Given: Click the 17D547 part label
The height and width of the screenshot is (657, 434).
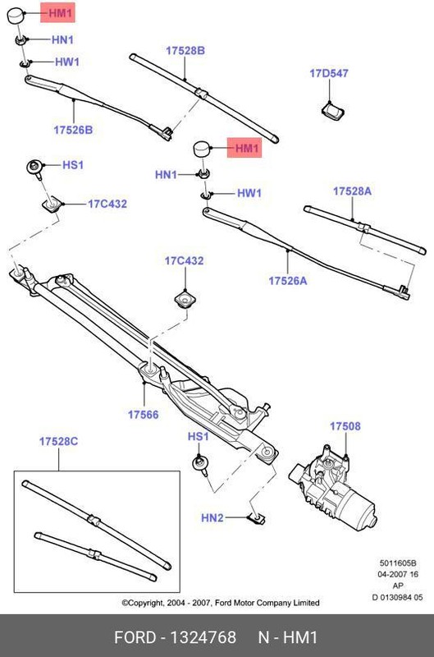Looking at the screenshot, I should tap(328, 73).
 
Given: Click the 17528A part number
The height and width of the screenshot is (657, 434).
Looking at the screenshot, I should tap(352, 191).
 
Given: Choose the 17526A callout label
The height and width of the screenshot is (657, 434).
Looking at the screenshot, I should tap(287, 280).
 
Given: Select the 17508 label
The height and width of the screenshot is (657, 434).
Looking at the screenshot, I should tap(345, 426).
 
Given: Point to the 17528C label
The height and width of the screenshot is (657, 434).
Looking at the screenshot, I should tap(58, 442).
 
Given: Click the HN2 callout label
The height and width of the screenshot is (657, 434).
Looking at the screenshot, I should tap(212, 517).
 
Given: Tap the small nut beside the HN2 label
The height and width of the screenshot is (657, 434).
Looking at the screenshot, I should tap(256, 517).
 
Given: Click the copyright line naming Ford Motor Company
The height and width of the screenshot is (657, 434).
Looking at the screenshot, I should tap(221, 602).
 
